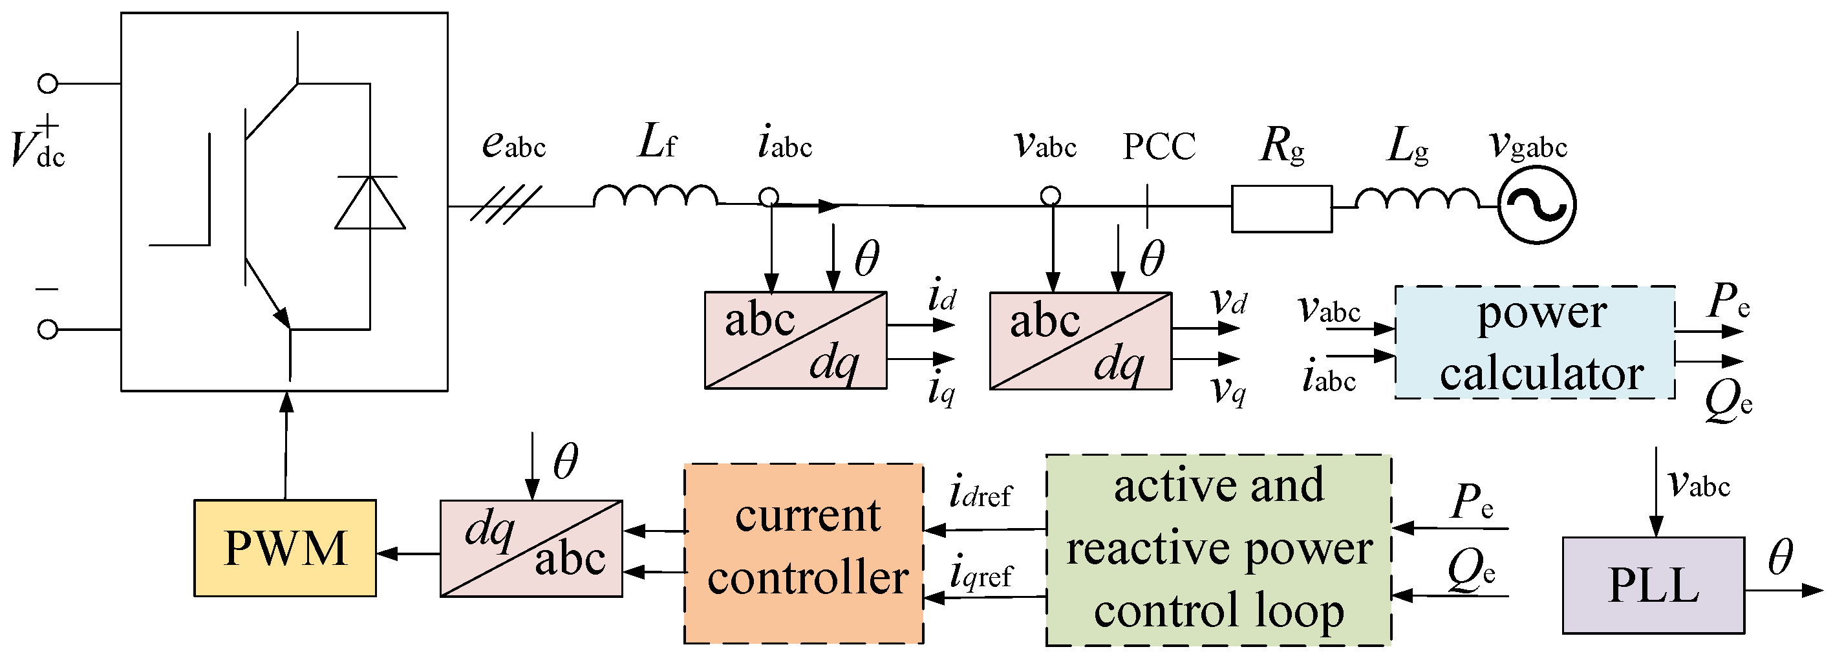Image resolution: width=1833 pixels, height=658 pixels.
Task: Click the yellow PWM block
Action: pyautogui.click(x=284, y=547)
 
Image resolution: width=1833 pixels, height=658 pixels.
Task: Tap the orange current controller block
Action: pyautogui.click(x=804, y=553)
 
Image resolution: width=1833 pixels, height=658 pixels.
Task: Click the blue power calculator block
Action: pyautogui.click(x=1534, y=342)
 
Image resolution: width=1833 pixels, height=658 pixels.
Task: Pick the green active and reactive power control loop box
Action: pyautogui.click(x=1217, y=550)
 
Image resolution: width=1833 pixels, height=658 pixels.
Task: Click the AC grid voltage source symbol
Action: pyautogui.click(x=1536, y=206)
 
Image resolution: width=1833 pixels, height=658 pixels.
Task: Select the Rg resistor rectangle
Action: pyautogui.click(x=1281, y=208)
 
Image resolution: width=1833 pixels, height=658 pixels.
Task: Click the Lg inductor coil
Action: pyautogui.click(x=1416, y=198)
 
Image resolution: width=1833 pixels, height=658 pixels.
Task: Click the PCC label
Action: pyautogui.click(x=1159, y=147)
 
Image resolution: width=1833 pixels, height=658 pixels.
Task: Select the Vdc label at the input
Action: pyautogui.click(x=37, y=147)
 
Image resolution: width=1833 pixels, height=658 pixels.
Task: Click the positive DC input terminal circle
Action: pyautogui.click(x=48, y=84)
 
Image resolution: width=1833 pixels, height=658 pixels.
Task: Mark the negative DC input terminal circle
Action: pyautogui.click(x=48, y=330)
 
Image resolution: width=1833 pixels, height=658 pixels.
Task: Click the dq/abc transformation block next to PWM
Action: pyautogui.click(x=531, y=547)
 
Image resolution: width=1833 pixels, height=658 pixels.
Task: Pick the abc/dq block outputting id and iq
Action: pyautogui.click(x=795, y=340)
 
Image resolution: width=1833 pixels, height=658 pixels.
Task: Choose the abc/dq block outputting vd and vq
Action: pyautogui.click(x=1080, y=340)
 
